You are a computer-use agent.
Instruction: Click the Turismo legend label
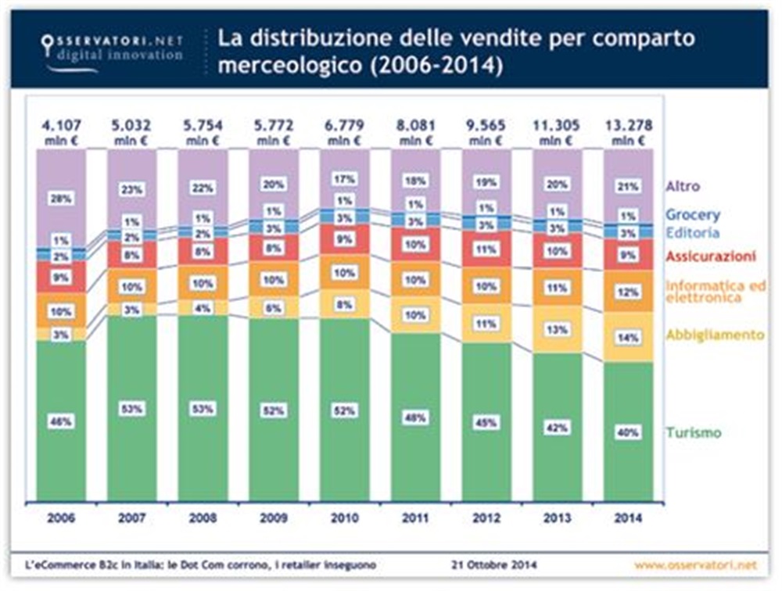693,432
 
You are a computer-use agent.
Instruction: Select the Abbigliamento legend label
714,335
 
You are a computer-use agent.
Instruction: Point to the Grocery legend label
693,214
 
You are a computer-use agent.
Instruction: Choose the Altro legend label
683,187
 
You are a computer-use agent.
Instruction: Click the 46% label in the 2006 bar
62,421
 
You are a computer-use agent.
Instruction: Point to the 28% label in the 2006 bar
62,199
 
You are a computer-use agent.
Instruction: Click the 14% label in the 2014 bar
628,338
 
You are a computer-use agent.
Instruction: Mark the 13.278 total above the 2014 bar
627,125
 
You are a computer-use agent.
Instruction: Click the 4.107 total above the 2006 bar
62,125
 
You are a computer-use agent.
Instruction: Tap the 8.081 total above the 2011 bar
415,125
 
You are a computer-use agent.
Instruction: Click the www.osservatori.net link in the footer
695,564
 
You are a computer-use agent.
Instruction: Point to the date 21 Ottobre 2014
494,564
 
